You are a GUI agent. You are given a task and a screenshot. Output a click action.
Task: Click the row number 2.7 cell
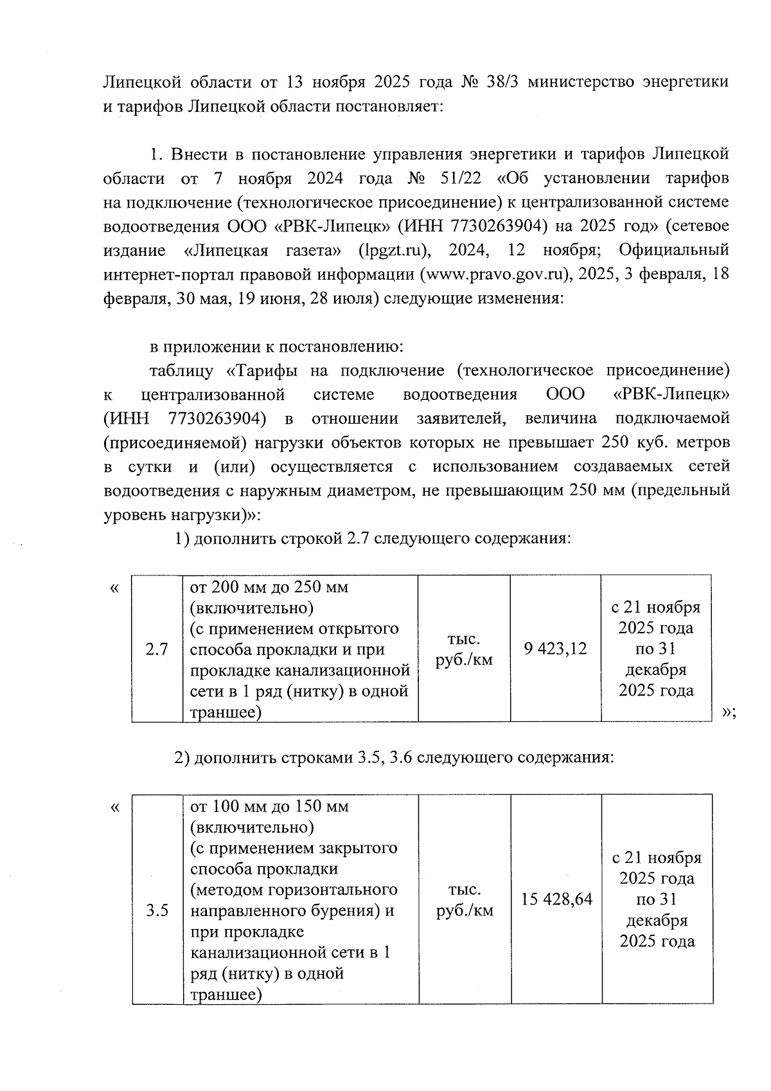[x=157, y=649]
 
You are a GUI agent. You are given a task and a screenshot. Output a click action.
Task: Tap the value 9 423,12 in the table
[x=555, y=649]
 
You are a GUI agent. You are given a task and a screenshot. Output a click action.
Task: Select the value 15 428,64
[x=556, y=899]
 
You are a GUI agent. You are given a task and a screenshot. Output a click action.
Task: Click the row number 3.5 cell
[x=157, y=910]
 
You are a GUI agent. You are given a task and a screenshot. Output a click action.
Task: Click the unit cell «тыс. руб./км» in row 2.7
[x=464, y=649]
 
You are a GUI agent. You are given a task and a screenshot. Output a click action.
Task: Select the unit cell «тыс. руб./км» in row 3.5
[x=465, y=900]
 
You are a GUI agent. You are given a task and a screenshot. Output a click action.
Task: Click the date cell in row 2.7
[x=655, y=649]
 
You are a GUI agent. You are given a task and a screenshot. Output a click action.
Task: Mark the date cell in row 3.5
[x=657, y=899]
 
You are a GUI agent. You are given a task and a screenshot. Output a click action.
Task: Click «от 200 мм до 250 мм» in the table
[x=269, y=588]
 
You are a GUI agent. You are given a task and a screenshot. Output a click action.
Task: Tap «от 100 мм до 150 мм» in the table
[x=269, y=806]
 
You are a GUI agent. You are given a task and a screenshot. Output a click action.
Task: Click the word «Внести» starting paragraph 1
[x=200, y=154]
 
